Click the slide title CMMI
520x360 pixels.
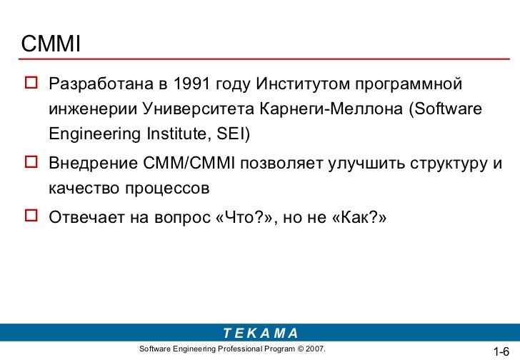[x=51, y=44]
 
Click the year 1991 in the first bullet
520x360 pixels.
[x=191, y=83]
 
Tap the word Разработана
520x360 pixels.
[x=101, y=84]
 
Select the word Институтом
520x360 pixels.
[x=303, y=84]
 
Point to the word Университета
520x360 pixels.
[x=199, y=109]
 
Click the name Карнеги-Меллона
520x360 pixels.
[x=331, y=109]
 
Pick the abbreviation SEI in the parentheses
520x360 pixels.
[x=231, y=134]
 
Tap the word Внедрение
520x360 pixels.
[x=93, y=164]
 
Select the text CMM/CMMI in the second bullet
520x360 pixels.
[x=189, y=163]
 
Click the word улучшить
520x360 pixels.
[x=366, y=164]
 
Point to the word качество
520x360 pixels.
[x=84, y=189]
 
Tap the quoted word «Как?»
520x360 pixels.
[x=359, y=217]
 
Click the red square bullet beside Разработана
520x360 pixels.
[x=31, y=82]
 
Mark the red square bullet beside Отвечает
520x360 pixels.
[x=31, y=216]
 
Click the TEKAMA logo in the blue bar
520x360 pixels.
[x=261, y=333]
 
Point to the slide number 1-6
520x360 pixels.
[x=501, y=351]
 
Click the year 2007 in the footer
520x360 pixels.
[x=315, y=349]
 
